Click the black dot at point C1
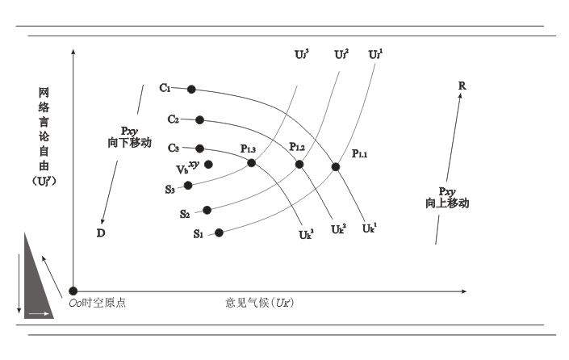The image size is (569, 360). point(191,89)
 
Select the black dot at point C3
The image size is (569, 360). point(200,149)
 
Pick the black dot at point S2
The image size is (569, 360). point(207,210)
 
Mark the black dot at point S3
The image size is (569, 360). point(188,185)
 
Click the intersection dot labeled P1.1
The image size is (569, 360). point(336,167)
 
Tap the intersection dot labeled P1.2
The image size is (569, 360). point(299,164)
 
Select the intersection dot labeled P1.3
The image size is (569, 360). point(251,163)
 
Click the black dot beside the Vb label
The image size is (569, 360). point(209,165)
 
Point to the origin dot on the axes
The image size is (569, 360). point(73,291)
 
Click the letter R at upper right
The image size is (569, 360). point(462,85)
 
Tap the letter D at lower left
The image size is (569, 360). point(101,233)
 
